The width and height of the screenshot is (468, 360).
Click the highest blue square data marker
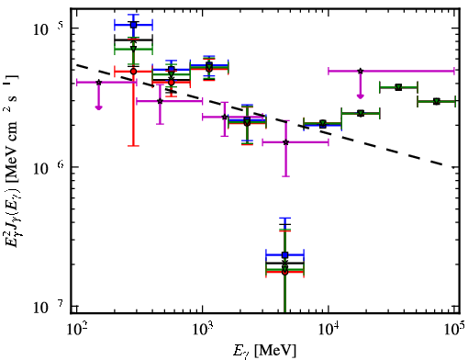(x=133, y=25)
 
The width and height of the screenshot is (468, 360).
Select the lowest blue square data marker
(x=284, y=254)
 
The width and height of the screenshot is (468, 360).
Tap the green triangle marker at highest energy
(x=437, y=101)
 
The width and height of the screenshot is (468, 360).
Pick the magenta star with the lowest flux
(x=286, y=142)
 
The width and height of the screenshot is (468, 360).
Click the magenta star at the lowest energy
(x=98, y=83)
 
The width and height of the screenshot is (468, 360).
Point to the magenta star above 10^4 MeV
(x=361, y=71)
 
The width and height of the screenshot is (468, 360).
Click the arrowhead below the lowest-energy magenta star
(x=98, y=107)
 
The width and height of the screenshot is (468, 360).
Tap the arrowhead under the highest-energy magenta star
(x=361, y=96)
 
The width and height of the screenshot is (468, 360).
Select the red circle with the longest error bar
(x=133, y=72)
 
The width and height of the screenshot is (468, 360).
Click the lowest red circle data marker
(x=284, y=272)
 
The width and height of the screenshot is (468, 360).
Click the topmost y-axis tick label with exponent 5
(x=48, y=28)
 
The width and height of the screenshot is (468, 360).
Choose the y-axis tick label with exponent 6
(x=48, y=167)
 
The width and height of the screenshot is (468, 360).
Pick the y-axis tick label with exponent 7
(x=48, y=306)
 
